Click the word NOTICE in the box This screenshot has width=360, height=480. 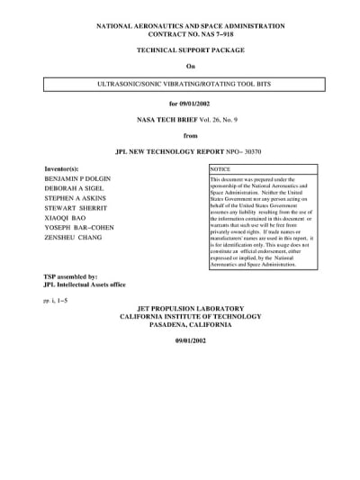point(221,169)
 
